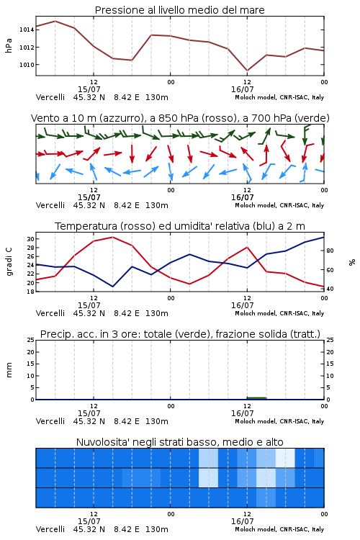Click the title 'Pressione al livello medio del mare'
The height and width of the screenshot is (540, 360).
click(179, 10)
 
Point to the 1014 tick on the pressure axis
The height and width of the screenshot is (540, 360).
click(27, 30)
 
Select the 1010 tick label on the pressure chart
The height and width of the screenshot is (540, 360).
click(27, 64)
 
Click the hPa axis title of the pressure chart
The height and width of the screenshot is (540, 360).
click(9, 45)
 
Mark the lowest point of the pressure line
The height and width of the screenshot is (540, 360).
click(247, 71)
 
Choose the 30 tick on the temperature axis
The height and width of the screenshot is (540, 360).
click(30, 239)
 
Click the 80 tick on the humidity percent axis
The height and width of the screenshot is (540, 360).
click(330, 251)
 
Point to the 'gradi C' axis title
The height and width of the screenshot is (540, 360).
click(9, 261)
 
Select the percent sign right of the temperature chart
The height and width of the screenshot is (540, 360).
click(352, 262)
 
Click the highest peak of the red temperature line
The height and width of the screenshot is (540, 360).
click(112, 237)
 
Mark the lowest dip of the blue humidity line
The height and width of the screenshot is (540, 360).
click(112, 287)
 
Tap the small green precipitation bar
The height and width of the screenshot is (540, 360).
click(256, 398)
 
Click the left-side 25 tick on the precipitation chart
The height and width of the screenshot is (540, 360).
click(30, 340)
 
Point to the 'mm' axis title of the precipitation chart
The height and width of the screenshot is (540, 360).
click(9, 369)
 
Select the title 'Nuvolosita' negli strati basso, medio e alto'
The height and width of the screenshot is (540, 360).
click(179, 442)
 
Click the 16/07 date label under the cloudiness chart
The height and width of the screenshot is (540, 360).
click(242, 521)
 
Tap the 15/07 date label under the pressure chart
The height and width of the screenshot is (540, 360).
click(89, 89)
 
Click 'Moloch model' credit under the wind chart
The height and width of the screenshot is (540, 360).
click(256, 205)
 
